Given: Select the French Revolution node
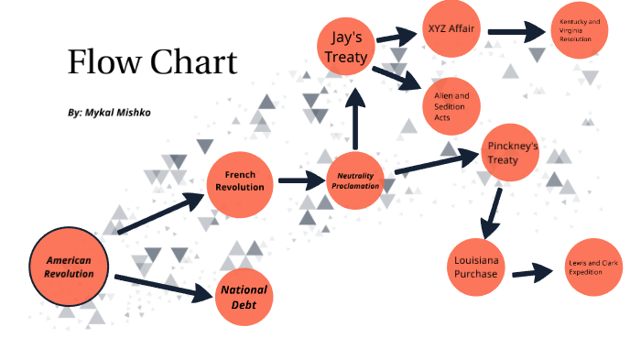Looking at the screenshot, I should pyautogui.click(x=240, y=180).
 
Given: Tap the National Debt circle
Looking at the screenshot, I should pyautogui.click(x=244, y=296).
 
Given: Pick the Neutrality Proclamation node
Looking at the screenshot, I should pyautogui.click(x=355, y=180).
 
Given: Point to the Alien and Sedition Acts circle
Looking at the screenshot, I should pyautogui.click(x=451, y=101).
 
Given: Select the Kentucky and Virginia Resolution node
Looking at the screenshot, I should pyautogui.click(x=581, y=30).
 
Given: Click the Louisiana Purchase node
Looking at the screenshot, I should pyautogui.click(x=476, y=267).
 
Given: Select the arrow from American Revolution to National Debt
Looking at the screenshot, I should pyautogui.click(x=161, y=286).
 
